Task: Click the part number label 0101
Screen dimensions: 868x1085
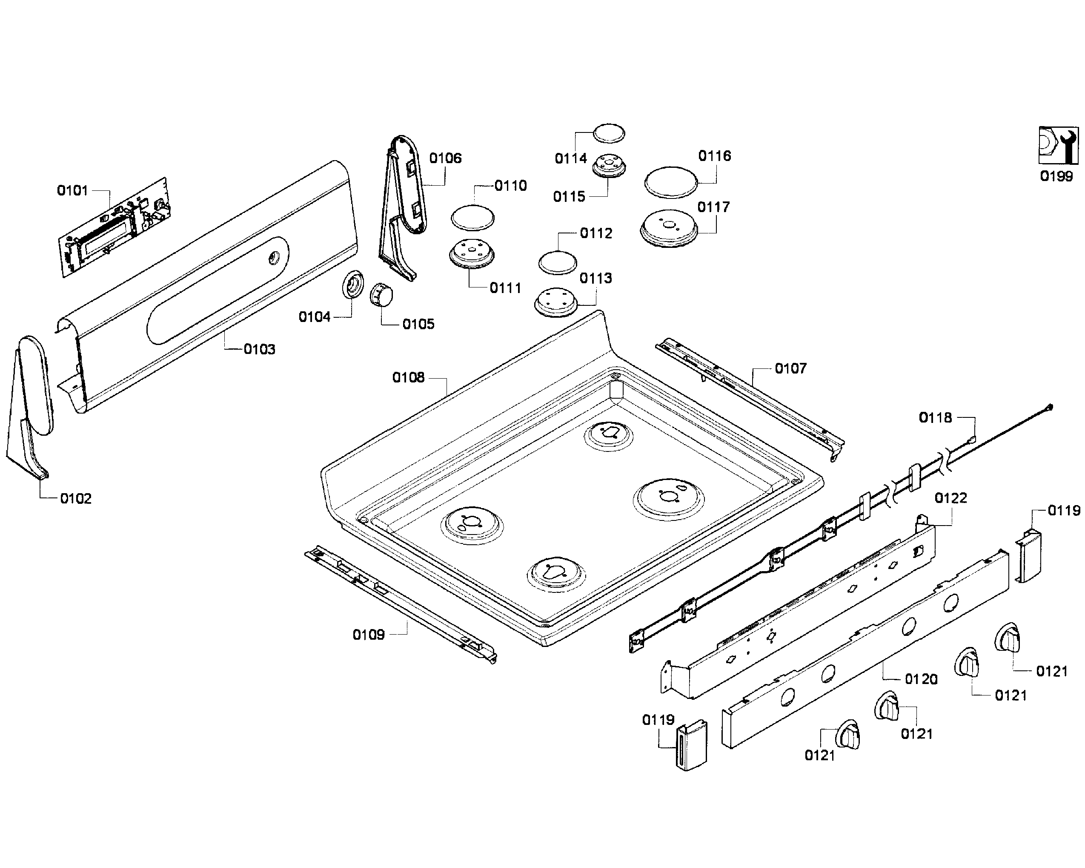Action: (x=72, y=190)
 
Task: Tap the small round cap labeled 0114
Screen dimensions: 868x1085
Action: (x=609, y=133)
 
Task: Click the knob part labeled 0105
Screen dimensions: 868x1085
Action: (x=381, y=295)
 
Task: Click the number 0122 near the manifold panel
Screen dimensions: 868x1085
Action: (x=950, y=498)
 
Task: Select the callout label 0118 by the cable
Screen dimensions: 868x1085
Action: (x=935, y=417)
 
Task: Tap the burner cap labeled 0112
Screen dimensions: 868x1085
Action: (x=558, y=262)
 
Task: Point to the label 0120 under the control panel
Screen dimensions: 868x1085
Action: (x=921, y=679)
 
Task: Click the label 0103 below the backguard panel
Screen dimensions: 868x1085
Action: (x=259, y=349)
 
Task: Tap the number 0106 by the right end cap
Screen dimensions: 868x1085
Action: (x=445, y=158)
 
